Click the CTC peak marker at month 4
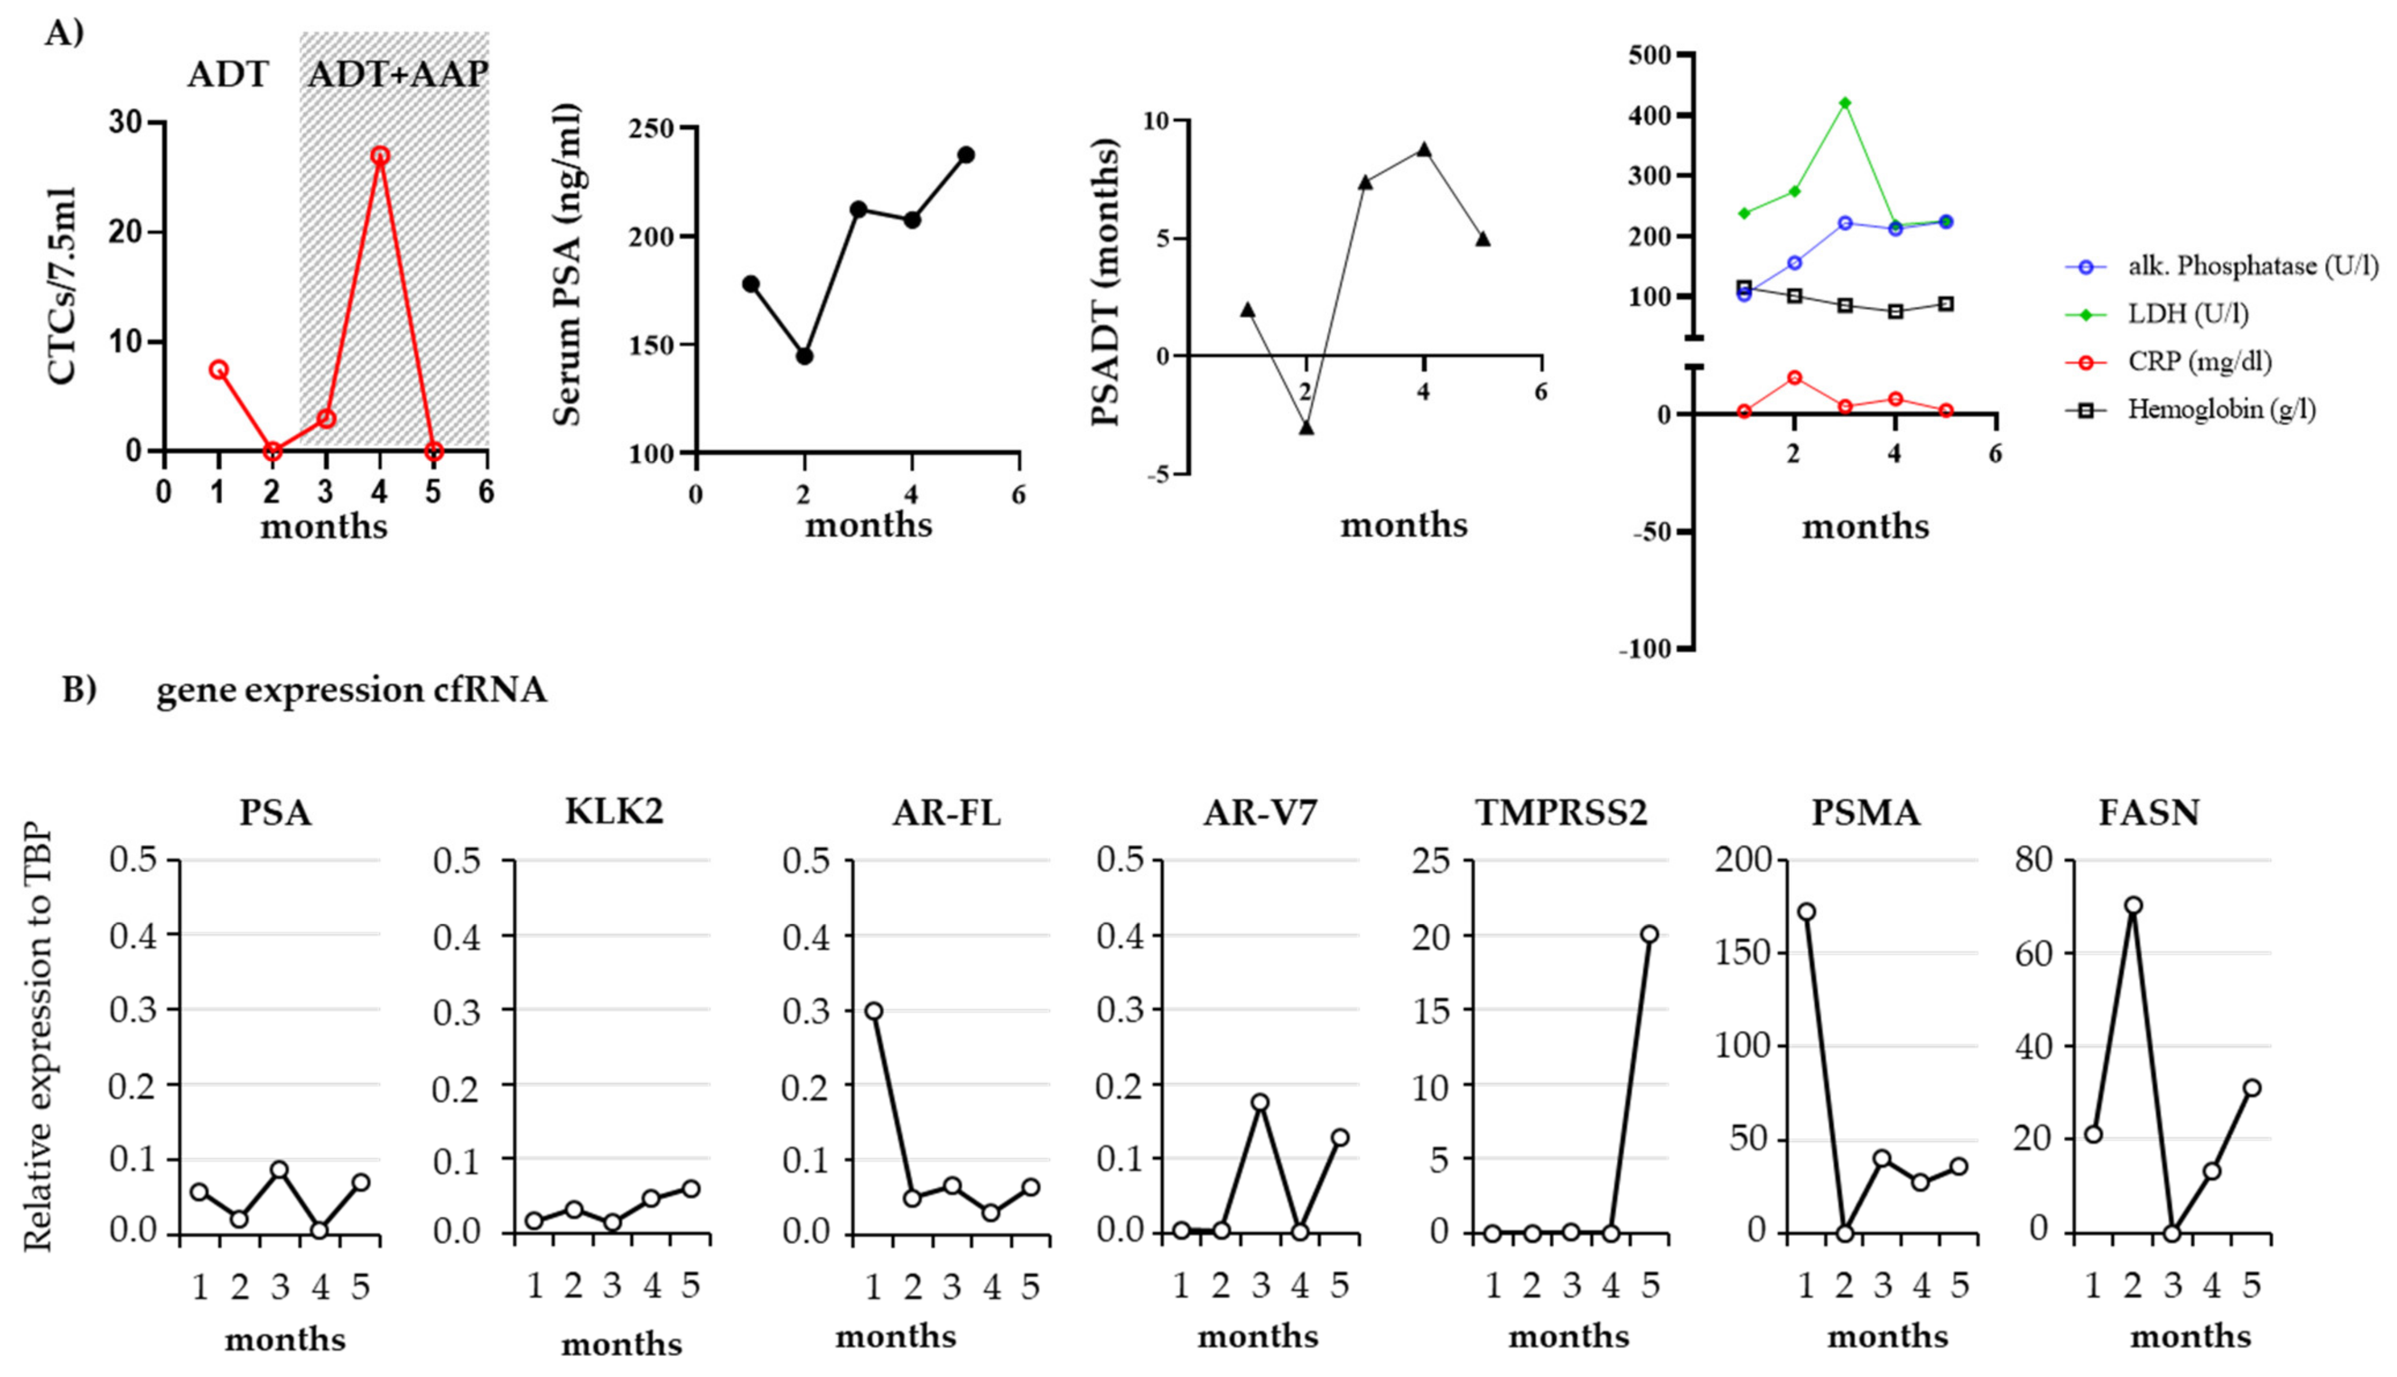(380, 155)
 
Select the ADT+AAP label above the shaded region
(397, 74)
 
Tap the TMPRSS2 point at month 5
(1650, 934)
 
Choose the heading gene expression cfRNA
(352, 691)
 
